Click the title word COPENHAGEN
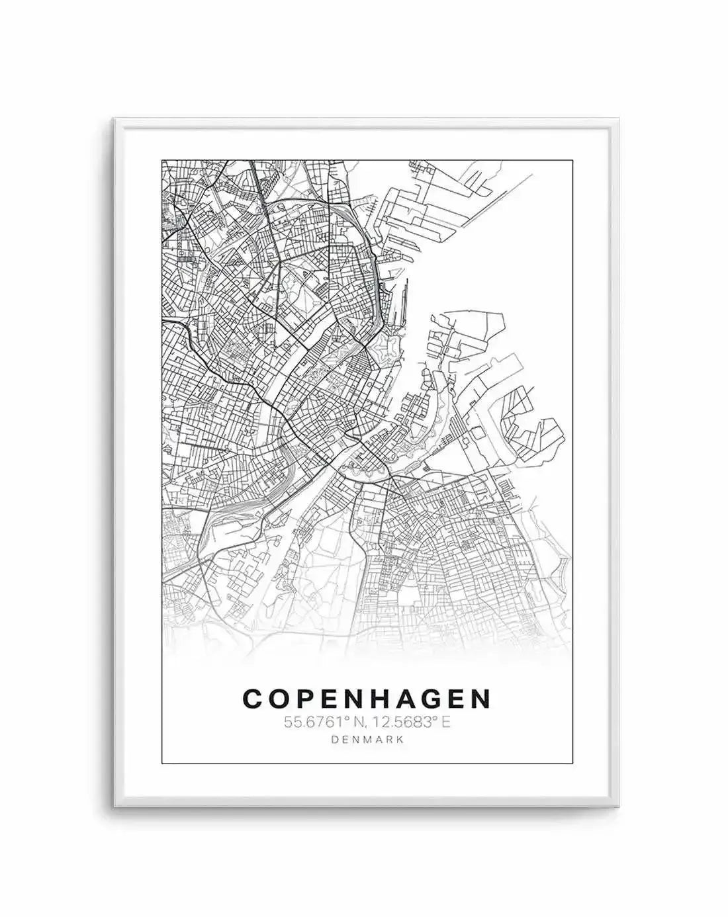click(367, 698)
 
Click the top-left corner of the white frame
click(114, 120)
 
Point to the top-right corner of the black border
click(572, 159)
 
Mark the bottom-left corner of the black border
click(161, 764)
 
